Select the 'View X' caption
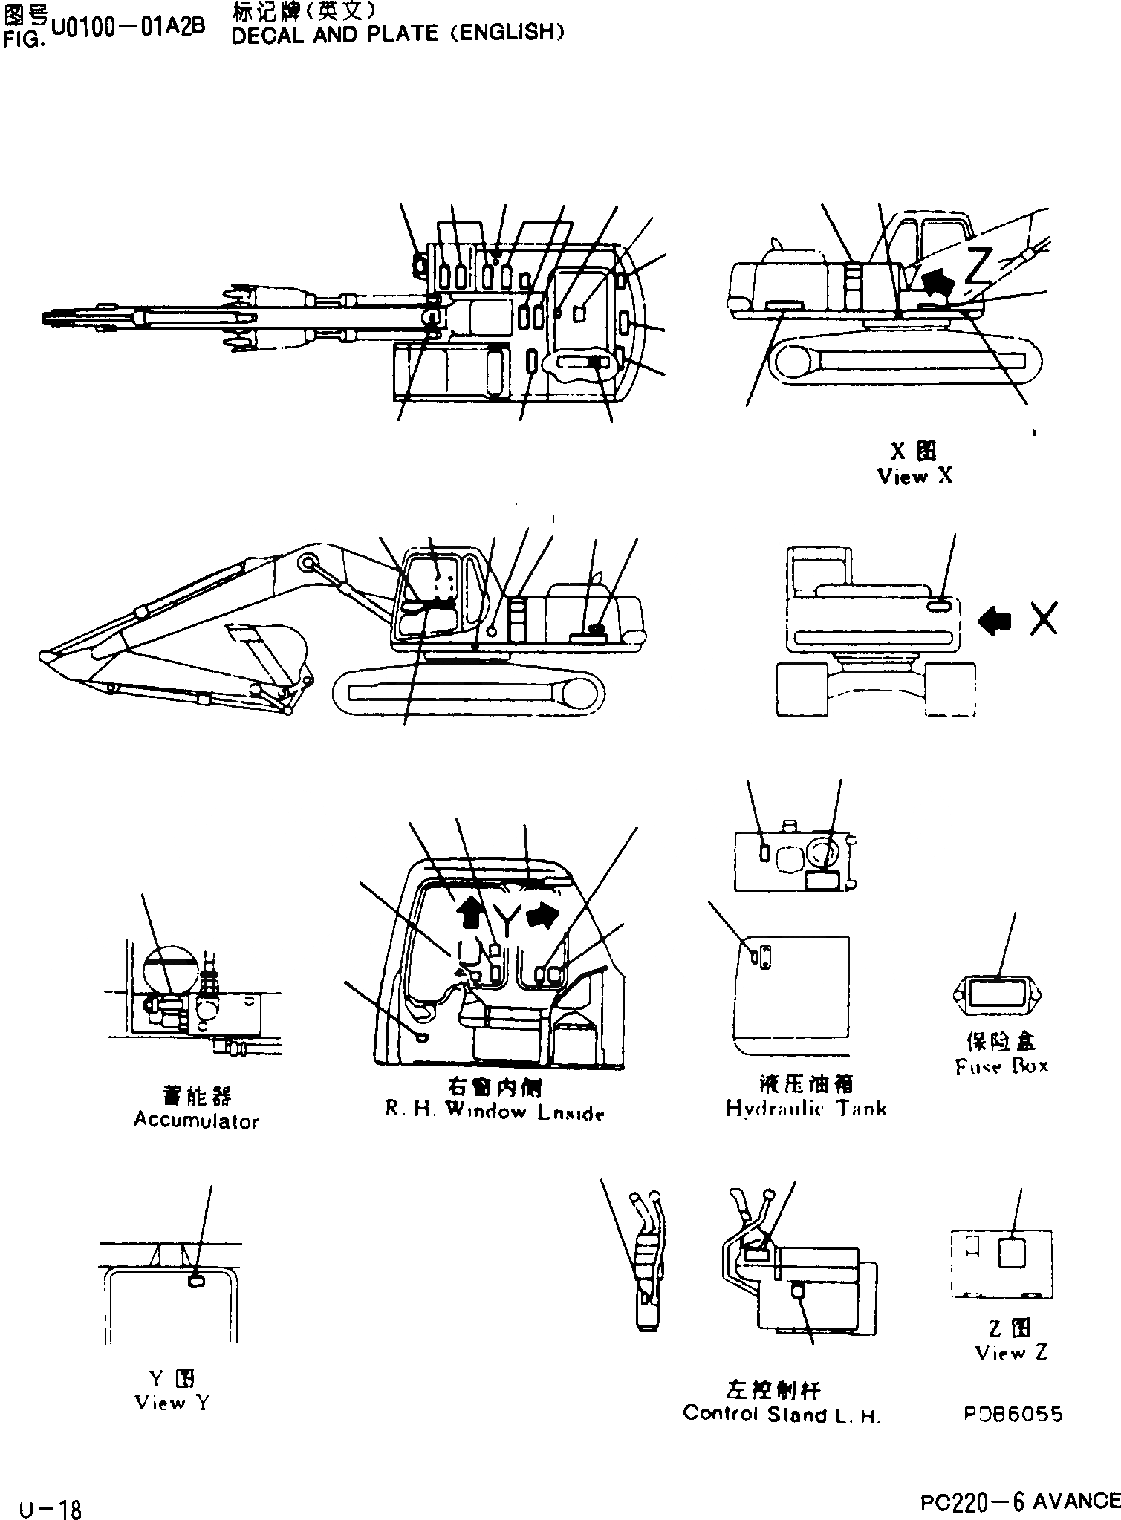click(914, 476)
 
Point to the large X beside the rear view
click(1044, 619)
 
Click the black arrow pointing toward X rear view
click(995, 619)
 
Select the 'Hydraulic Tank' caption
click(806, 1109)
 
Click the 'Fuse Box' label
click(1001, 1066)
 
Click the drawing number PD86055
click(1013, 1414)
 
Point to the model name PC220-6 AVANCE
click(1019, 1501)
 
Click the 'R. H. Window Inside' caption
click(494, 1112)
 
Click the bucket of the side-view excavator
click(271, 646)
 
